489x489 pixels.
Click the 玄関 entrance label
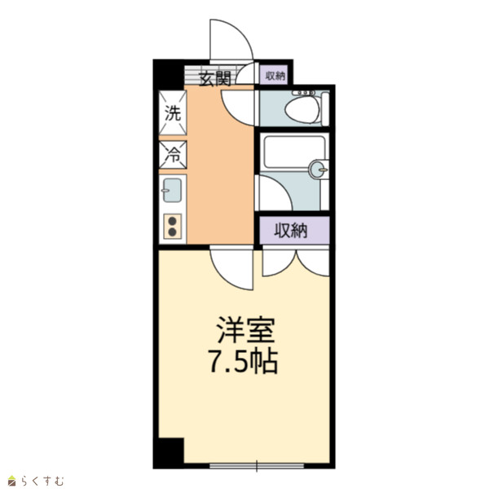click(215, 78)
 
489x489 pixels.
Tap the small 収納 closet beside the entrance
click(275, 75)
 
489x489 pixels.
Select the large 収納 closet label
click(291, 231)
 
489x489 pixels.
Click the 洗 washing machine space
click(173, 113)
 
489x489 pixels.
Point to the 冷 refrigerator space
click(173, 155)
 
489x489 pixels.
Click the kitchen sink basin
click(172, 190)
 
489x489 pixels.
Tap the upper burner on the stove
click(172, 221)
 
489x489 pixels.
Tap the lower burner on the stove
click(172, 232)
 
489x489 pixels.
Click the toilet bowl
click(302, 110)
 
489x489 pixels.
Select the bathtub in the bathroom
click(294, 152)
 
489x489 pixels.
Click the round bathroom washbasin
click(317, 170)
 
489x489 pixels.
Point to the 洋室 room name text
click(246, 330)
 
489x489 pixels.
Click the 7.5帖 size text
click(243, 362)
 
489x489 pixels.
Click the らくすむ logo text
click(42, 481)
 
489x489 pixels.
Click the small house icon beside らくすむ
click(12, 481)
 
